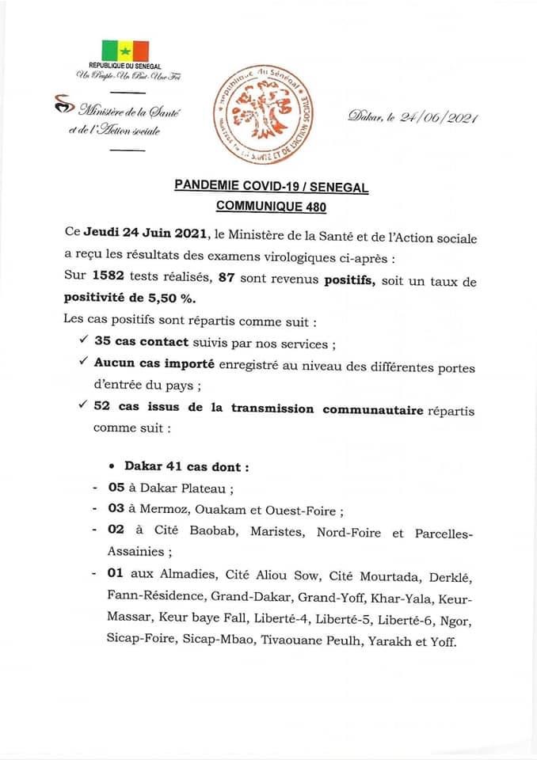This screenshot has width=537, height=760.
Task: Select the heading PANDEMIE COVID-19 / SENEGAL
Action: coord(271,187)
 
